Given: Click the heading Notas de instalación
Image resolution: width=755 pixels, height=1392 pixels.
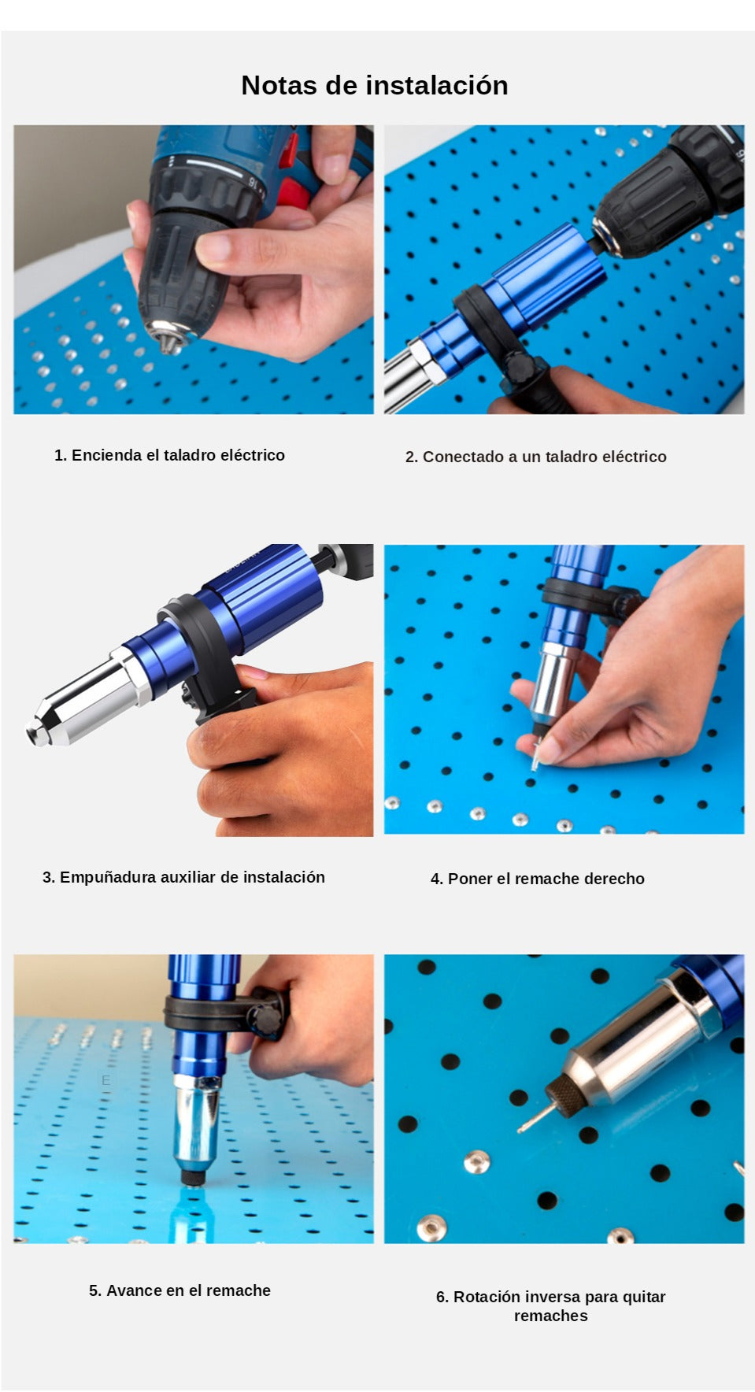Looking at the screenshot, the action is (375, 85).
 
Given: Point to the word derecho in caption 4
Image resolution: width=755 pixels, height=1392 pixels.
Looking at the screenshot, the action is (613, 879).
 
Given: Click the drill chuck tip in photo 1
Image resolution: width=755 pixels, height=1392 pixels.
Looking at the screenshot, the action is (168, 341).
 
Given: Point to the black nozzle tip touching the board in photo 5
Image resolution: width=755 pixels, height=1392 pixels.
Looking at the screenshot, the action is (191, 1177).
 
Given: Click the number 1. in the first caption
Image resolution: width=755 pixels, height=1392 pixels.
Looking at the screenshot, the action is (61, 455).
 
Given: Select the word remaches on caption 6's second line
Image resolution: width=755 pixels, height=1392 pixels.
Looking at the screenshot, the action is (551, 1316).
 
